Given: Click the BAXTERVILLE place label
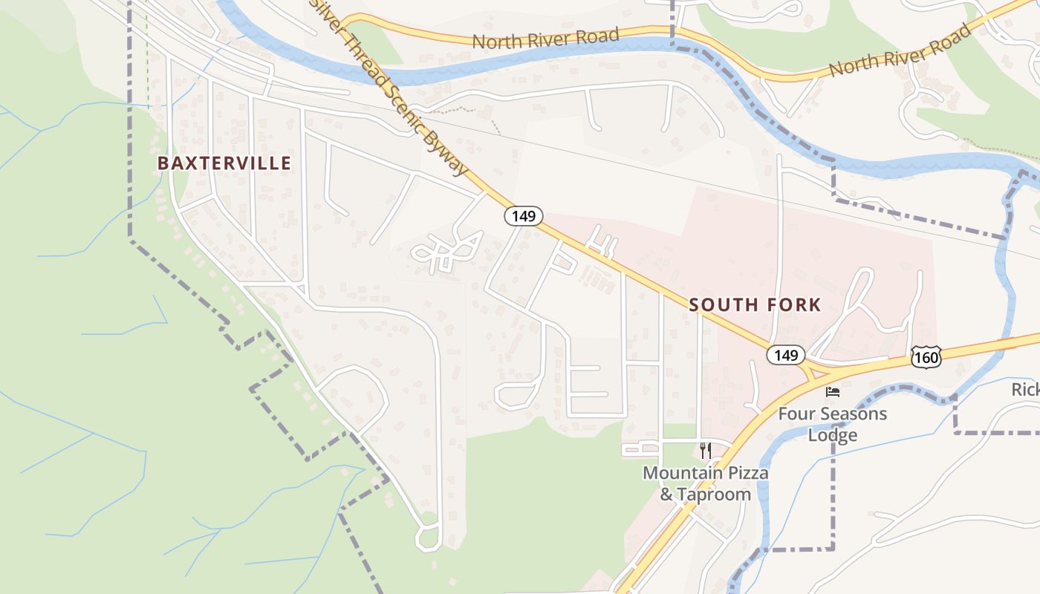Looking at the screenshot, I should (x=224, y=163).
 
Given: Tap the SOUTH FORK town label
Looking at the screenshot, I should (x=755, y=304).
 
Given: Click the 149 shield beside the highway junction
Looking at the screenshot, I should (x=785, y=355).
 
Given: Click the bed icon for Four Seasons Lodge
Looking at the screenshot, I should (x=833, y=391).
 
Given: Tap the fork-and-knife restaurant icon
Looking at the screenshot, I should (x=706, y=450).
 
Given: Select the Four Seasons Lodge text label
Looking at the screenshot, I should (x=833, y=424).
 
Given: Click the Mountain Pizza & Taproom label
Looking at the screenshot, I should (x=706, y=483).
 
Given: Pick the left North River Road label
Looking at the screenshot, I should (x=545, y=38).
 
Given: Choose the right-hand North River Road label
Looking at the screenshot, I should (x=900, y=50).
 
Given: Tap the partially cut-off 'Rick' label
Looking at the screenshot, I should (x=1025, y=390).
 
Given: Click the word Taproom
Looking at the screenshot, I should (x=715, y=495).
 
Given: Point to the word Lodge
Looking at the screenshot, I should (x=833, y=435).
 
